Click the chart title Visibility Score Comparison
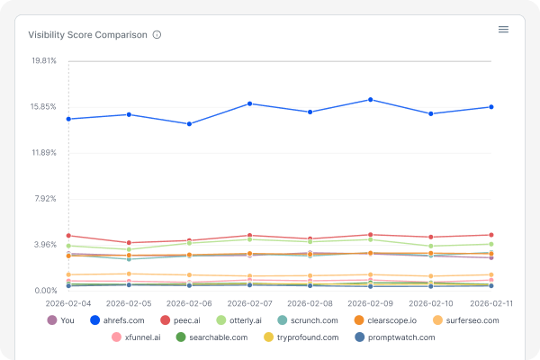(87, 35)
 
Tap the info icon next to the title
(157, 35)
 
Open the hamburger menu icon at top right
(503, 30)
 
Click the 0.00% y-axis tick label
(46, 291)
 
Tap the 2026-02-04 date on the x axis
(68, 304)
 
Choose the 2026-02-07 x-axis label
(249, 304)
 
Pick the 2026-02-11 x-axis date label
(490, 304)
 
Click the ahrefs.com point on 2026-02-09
(370, 100)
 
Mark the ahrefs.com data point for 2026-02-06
(189, 124)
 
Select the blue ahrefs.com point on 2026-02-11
(490, 107)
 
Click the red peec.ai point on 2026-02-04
(68, 236)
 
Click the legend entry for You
(61, 320)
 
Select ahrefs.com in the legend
(117, 320)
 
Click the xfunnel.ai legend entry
(137, 337)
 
